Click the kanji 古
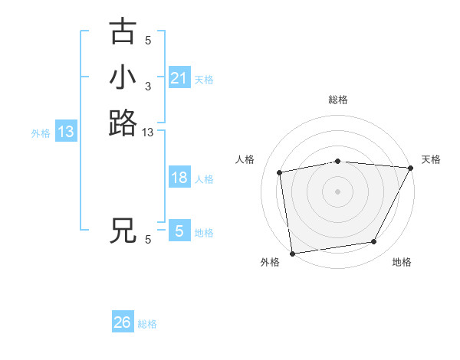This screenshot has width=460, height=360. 123,32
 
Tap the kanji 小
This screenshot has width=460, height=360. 123,78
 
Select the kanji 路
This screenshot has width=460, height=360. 123,123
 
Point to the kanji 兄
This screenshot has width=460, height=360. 123,231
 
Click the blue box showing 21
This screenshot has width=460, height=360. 179,78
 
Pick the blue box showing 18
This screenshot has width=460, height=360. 179,178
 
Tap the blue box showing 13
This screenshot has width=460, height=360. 66,132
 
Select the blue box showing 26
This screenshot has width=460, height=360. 123,322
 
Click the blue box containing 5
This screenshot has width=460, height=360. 179,231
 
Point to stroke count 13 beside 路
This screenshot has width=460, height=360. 148,133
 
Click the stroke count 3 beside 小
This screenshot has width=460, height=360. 148,87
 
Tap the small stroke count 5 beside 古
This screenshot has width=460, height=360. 148,41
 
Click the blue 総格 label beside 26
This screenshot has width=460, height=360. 147,324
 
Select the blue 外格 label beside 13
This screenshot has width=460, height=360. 41,133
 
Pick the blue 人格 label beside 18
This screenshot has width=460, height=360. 204,179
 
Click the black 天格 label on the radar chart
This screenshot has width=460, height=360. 431,159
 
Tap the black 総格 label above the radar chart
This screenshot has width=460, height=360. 338,100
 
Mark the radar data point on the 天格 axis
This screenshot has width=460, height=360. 410,168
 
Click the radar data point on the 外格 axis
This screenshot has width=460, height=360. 292,253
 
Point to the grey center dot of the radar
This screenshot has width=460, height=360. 338,191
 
